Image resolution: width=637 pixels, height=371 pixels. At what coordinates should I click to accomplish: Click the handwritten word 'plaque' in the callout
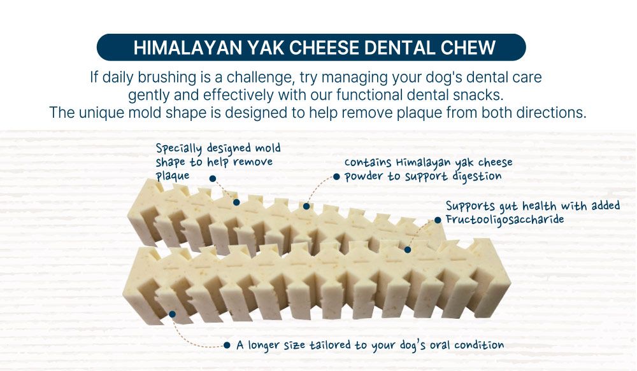click(173, 176)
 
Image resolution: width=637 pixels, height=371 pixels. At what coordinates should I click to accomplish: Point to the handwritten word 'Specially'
click(179, 148)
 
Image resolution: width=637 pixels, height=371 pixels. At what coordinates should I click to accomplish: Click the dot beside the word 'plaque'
click(213, 179)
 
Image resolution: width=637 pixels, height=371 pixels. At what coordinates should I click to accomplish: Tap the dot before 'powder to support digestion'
click(336, 176)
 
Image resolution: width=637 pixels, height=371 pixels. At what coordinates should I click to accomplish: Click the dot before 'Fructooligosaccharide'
click(438, 220)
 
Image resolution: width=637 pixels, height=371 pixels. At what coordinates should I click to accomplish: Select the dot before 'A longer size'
click(227, 346)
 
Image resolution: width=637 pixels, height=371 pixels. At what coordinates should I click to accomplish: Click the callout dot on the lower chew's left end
click(172, 314)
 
